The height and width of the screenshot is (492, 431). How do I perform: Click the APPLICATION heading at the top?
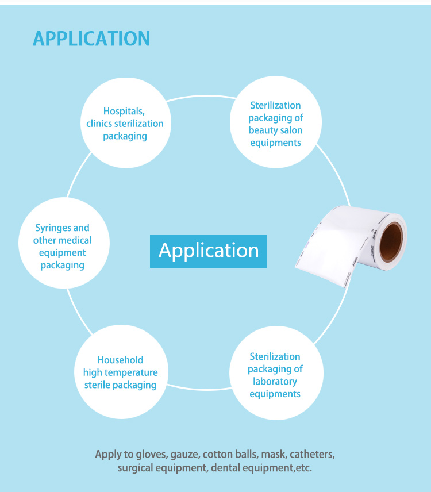point(91,39)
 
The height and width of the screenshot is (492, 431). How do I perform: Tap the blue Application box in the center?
point(208,251)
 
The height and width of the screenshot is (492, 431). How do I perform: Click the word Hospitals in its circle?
point(124,112)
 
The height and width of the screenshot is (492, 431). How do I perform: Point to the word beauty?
point(262,130)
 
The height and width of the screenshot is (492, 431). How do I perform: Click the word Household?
point(121,360)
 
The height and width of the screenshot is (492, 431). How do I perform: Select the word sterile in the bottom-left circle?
point(97,385)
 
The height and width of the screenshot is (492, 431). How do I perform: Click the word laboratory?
point(275,382)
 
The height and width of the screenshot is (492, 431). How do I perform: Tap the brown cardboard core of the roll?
point(391,241)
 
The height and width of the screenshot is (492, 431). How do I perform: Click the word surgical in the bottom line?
point(135,468)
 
